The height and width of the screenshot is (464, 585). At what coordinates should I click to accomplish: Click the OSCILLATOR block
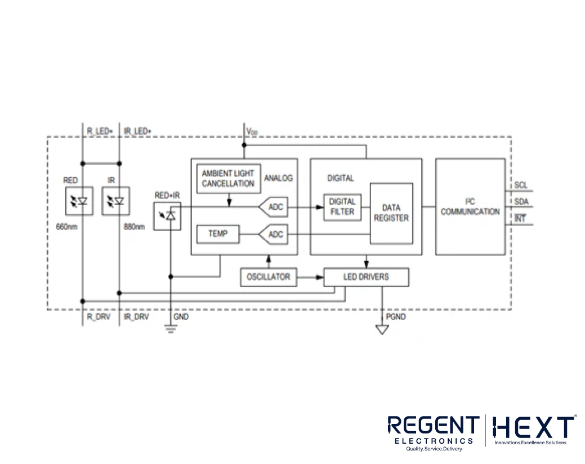pos(268,277)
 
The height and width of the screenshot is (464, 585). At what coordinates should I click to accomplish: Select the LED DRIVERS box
pos(366,277)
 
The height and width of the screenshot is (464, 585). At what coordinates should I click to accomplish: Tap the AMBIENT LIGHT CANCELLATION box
pos(228,178)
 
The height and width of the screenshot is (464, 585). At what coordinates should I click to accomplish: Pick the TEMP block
pos(217,233)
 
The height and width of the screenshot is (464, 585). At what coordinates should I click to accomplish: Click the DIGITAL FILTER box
pos(342,207)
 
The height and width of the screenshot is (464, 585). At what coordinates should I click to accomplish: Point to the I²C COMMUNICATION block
pos(470,206)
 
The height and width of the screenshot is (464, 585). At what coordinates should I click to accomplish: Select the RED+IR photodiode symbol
pos(167,216)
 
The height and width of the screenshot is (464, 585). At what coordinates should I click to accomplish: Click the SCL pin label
pos(521,185)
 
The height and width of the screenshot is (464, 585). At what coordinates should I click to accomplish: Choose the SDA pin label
pos(521,202)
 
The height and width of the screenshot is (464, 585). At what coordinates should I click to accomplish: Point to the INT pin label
pos(520,218)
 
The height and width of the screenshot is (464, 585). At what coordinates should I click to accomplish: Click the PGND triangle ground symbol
pos(382,329)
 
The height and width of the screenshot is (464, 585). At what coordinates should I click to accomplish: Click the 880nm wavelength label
pos(134,227)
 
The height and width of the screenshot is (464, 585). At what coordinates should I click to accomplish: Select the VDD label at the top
pos(252,131)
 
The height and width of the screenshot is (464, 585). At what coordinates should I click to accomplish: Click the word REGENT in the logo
pos(432,426)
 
